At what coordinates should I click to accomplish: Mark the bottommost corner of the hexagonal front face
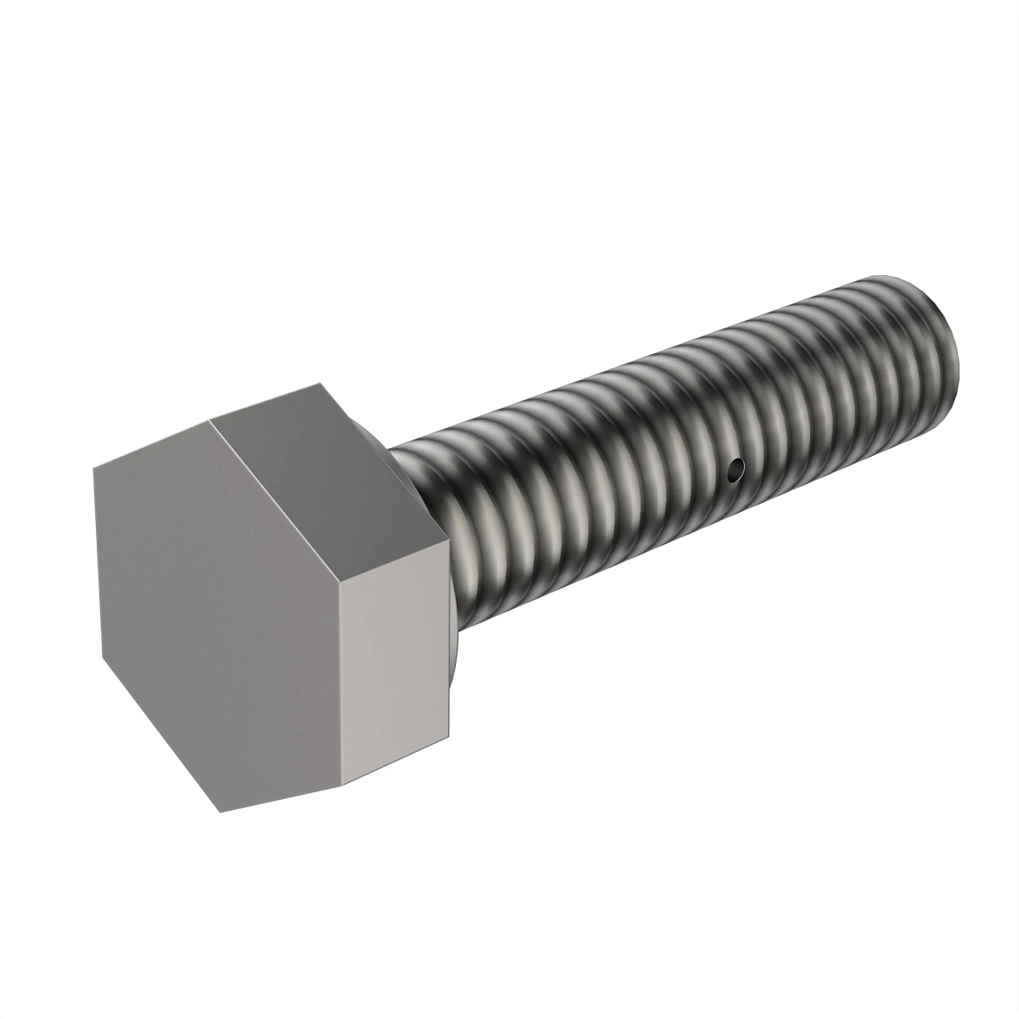[x=222, y=812]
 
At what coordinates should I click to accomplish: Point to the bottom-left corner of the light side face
[x=344, y=786]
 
